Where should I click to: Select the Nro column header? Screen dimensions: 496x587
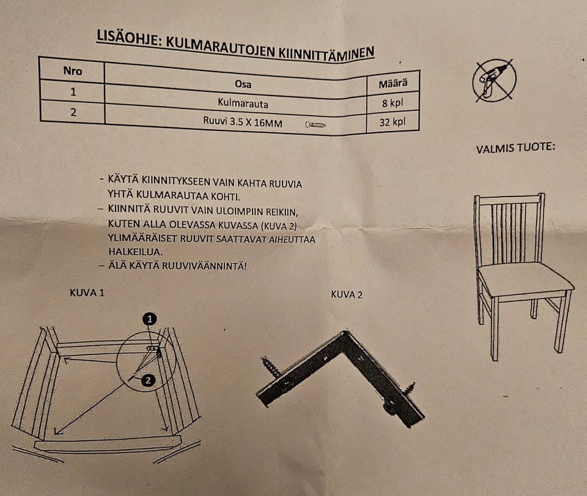[x=72, y=70]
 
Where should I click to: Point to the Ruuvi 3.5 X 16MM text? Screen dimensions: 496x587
[x=243, y=122]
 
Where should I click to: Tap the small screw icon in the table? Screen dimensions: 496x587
[x=315, y=125]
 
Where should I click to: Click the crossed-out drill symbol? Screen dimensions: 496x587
[x=494, y=80]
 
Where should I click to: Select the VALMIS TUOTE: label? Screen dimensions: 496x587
[x=515, y=149]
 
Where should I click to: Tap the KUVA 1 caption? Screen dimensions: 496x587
[x=87, y=293]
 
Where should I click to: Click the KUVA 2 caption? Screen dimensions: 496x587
[x=347, y=295]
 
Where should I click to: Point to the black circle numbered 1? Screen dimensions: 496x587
[x=150, y=318]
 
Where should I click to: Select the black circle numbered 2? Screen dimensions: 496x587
[x=147, y=381]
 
